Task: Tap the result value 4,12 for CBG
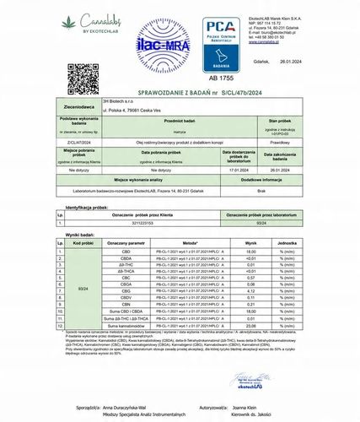coord(250,291)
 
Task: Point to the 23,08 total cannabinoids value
coord(250,324)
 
